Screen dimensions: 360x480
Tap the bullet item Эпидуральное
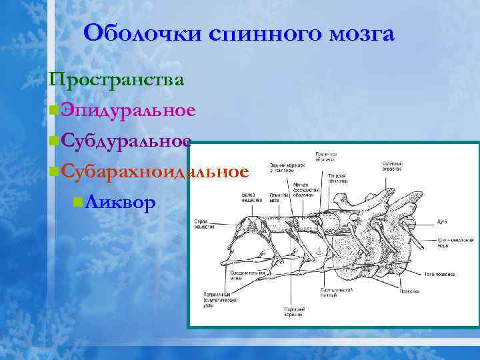click(x=127, y=109)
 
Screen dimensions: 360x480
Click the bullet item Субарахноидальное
click(x=153, y=171)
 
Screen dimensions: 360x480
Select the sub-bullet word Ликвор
click(x=121, y=201)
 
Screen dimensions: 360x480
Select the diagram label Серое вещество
click(x=204, y=224)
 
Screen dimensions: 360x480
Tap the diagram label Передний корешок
click(x=294, y=312)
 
